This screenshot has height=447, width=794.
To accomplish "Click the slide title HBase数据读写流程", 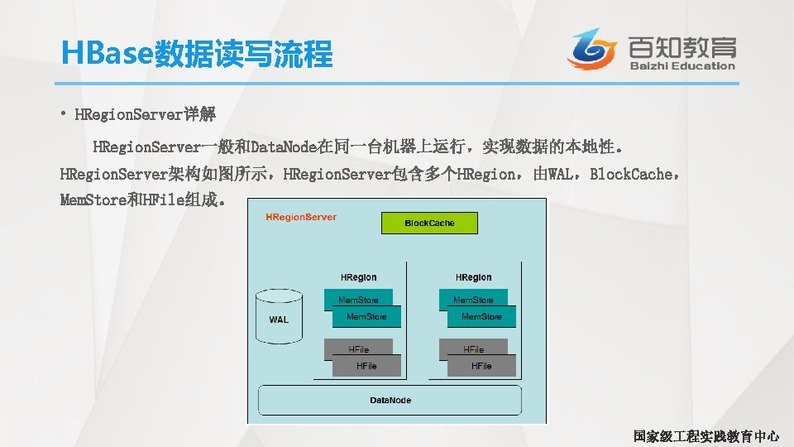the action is tap(197, 55).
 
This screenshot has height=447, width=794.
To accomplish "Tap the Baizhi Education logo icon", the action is tap(593, 49).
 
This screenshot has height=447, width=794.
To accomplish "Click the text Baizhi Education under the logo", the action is tap(682, 66).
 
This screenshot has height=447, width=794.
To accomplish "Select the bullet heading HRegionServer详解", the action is tap(145, 113).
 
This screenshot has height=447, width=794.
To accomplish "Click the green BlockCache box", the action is tap(429, 223).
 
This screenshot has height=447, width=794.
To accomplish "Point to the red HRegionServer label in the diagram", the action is tap(301, 218).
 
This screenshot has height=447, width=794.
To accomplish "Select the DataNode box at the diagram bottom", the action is tap(390, 401).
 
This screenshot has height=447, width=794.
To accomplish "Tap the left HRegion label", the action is tap(358, 277).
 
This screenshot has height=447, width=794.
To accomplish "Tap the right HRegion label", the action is tap(473, 277).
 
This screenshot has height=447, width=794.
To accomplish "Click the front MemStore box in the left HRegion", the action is tap(366, 317).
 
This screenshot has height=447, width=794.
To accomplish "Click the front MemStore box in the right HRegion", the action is tap(481, 317).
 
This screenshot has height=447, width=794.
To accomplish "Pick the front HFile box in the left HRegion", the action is tap(366, 366).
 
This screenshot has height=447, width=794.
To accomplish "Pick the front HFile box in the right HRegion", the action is tap(481, 366).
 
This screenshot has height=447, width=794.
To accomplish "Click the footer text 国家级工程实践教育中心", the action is tap(706, 435).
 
